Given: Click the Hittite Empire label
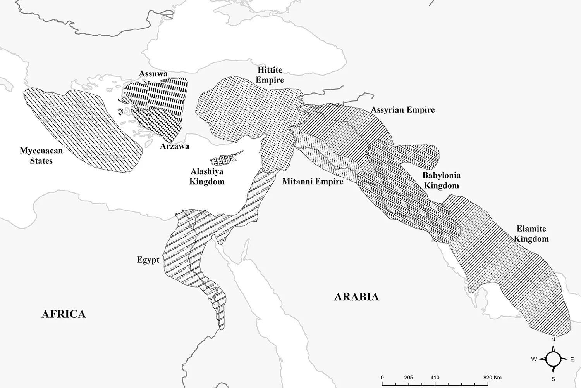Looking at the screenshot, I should (x=270, y=75).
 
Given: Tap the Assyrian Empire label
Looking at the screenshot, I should (x=403, y=110).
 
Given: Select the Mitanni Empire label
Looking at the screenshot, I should (x=313, y=181).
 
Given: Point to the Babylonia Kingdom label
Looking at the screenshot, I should (x=442, y=180).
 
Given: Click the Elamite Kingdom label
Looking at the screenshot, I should (x=531, y=234).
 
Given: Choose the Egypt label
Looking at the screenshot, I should (x=148, y=260).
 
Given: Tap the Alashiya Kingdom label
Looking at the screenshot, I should (x=207, y=176).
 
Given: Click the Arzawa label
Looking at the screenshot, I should (x=175, y=146).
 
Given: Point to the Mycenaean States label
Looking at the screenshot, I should (x=41, y=156).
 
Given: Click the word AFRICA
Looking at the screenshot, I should (x=64, y=314).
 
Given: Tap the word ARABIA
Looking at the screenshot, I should (x=356, y=297).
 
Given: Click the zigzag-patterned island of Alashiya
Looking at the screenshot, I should (x=225, y=159).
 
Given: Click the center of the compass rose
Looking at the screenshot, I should (x=553, y=359).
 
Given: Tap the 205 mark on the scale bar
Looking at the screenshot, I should (x=408, y=378).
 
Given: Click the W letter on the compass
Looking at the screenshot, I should (x=534, y=360).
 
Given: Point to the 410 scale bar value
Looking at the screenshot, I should (x=435, y=378).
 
